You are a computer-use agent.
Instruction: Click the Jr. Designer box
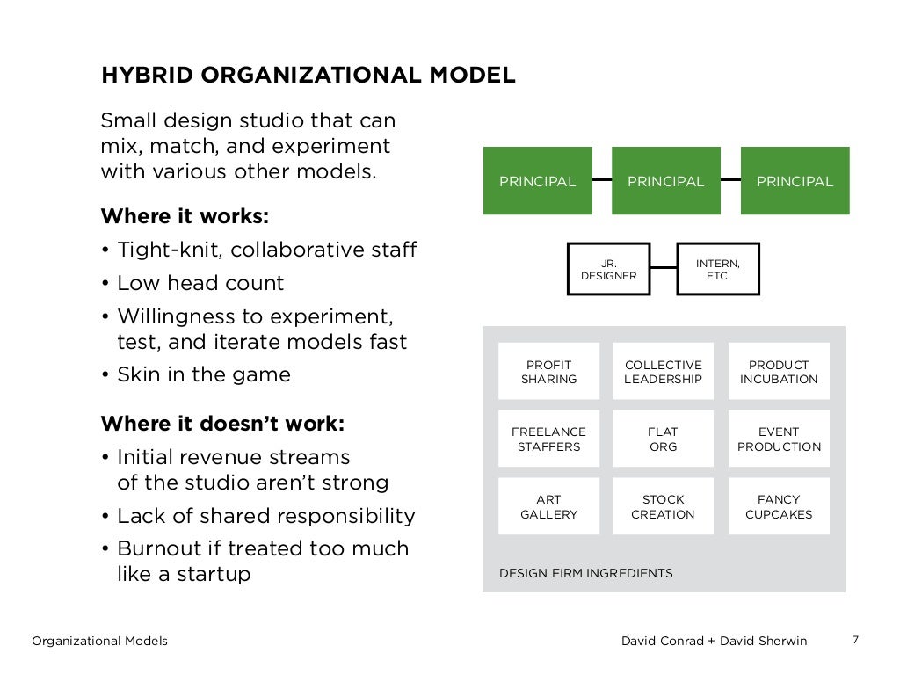608,269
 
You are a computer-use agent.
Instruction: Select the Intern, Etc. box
718,269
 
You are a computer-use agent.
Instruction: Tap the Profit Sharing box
548,372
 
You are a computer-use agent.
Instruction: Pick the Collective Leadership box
663,372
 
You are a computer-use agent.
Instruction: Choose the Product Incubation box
779,372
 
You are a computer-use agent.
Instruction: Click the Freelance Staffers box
548,439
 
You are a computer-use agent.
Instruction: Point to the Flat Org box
663,439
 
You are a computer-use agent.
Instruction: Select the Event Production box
779,439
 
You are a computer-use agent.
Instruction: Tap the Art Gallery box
548,506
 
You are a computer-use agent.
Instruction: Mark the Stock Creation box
663,506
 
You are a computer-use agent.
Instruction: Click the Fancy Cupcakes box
779,506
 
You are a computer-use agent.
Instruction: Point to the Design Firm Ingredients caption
585,573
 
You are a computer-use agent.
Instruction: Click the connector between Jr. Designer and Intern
664,267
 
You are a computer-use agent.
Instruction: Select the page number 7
855,639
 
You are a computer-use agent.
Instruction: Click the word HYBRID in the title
140,76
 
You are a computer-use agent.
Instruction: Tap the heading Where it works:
185,216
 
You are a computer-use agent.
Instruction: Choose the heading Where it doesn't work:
222,424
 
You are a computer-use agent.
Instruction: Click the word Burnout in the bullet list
152,548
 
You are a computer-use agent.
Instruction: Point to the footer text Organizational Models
99,641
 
